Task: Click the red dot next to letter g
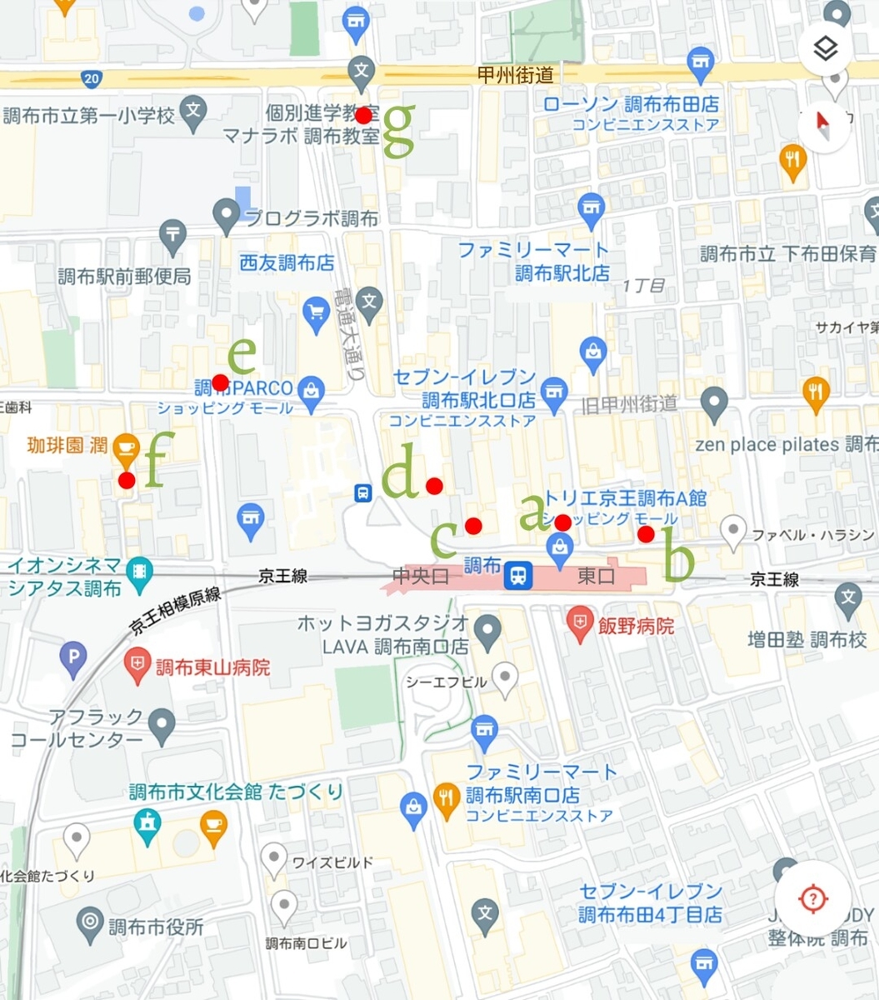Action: pos(363,115)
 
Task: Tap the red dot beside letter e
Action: pos(220,382)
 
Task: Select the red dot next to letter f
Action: pos(127,480)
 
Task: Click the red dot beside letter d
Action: pos(433,486)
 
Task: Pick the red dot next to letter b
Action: pos(646,534)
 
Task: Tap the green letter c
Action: pos(444,539)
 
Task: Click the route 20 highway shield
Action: pos(92,79)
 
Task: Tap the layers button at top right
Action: pos(825,49)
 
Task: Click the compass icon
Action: pos(824,126)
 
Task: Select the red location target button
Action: pos(812,898)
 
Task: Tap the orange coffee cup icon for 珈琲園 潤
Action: pos(125,447)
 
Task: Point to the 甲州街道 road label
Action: pos(515,76)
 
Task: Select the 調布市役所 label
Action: pos(156,927)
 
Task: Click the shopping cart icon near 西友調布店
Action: pos(316,314)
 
